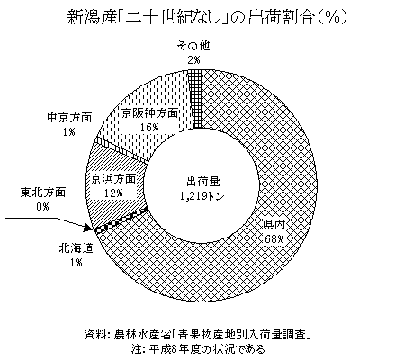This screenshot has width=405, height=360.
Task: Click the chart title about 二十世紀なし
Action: (207, 17)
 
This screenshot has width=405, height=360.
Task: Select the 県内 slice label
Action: (274, 225)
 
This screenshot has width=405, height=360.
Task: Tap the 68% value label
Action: (274, 239)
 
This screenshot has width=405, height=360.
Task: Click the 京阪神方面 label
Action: (150, 113)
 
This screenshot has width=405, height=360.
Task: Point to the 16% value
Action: (149, 128)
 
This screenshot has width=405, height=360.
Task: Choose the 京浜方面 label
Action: (113, 179)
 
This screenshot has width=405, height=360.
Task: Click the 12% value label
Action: (113, 193)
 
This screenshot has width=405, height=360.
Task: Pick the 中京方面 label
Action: (69, 118)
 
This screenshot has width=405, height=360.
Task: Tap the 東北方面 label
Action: (43, 193)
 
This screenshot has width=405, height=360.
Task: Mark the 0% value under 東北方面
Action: (42, 207)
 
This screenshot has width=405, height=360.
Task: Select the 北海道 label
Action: (76, 248)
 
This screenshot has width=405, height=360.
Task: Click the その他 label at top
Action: (193, 46)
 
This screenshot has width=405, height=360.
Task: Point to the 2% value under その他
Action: (193, 60)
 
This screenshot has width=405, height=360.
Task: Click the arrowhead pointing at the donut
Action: (88, 229)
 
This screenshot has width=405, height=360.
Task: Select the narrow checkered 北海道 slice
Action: (121, 219)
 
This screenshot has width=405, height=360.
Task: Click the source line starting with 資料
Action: (197, 335)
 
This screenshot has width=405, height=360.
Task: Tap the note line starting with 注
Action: (198, 349)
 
